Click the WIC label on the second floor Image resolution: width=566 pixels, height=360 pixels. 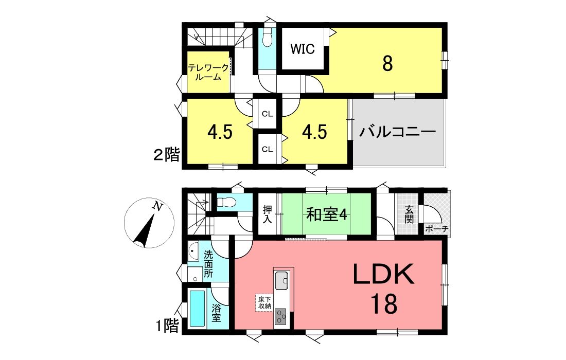[x=303, y=49]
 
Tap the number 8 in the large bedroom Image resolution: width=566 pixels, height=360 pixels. [x=387, y=64]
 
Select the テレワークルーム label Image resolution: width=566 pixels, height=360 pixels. [x=208, y=72]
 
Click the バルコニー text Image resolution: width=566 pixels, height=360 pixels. [x=398, y=132]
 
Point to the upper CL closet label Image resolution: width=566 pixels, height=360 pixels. [x=267, y=114]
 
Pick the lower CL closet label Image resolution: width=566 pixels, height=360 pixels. [x=267, y=149]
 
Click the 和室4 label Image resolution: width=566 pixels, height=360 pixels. [x=326, y=215]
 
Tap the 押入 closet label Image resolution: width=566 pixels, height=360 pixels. [x=268, y=214]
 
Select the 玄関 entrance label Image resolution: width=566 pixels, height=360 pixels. [x=409, y=214]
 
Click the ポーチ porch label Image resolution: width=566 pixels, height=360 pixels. [x=436, y=228]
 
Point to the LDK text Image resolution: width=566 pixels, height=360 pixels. [x=383, y=274]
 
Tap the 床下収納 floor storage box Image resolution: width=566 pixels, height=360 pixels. [x=264, y=302]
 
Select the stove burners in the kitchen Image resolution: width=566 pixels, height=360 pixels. [x=280, y=317]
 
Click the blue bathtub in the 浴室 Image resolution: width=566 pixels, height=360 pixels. [x=198, y=309]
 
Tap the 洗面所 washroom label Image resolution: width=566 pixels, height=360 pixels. [x=208, y=264]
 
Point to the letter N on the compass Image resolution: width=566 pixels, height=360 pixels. [x=157, y=206]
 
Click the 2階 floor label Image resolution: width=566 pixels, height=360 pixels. [x=166, y=155]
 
